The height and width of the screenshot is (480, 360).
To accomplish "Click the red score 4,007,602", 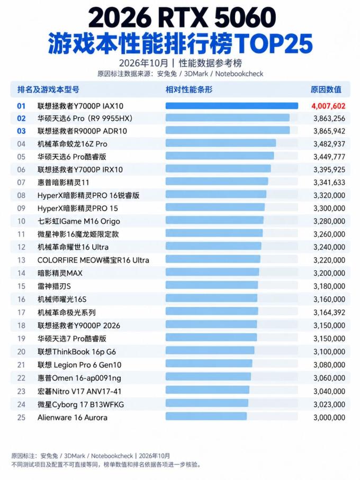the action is point(328,106).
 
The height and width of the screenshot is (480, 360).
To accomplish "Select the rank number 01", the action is point(21,106).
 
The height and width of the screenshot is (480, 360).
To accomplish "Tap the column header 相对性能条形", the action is point(189,89).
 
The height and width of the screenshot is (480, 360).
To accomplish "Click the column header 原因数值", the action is point(326,89).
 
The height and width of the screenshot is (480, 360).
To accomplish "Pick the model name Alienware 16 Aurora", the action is point(73,418).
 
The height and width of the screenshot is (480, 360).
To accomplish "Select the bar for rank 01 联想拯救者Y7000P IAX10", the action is point(232,106).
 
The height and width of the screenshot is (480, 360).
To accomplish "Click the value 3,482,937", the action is point(329,144).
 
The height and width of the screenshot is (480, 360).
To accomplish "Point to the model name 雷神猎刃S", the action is point(54,286).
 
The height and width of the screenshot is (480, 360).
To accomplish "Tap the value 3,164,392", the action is point(329,313).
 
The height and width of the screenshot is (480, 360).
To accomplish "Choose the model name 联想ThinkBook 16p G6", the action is point(77,352).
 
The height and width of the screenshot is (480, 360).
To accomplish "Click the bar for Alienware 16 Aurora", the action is point(206,416).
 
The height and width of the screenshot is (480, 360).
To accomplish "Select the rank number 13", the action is point(21,260).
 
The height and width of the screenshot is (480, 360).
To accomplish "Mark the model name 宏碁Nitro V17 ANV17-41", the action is point(79,391).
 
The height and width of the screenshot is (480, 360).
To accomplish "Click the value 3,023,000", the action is point(329,404).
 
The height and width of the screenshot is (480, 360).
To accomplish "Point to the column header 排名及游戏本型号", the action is point(48,89).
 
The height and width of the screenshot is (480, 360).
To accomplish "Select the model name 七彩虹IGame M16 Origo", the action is point(79,221).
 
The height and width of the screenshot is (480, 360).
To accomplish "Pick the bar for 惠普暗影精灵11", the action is point(217,181).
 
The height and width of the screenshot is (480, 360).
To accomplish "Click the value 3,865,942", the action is point(329,131).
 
